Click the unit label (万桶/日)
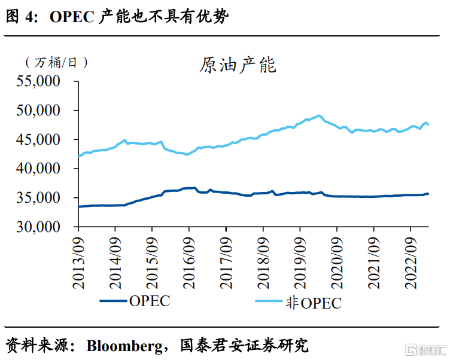(x=56, y=62)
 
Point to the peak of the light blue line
(x=318, y=115)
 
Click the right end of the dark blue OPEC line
(x=428, y=193)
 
